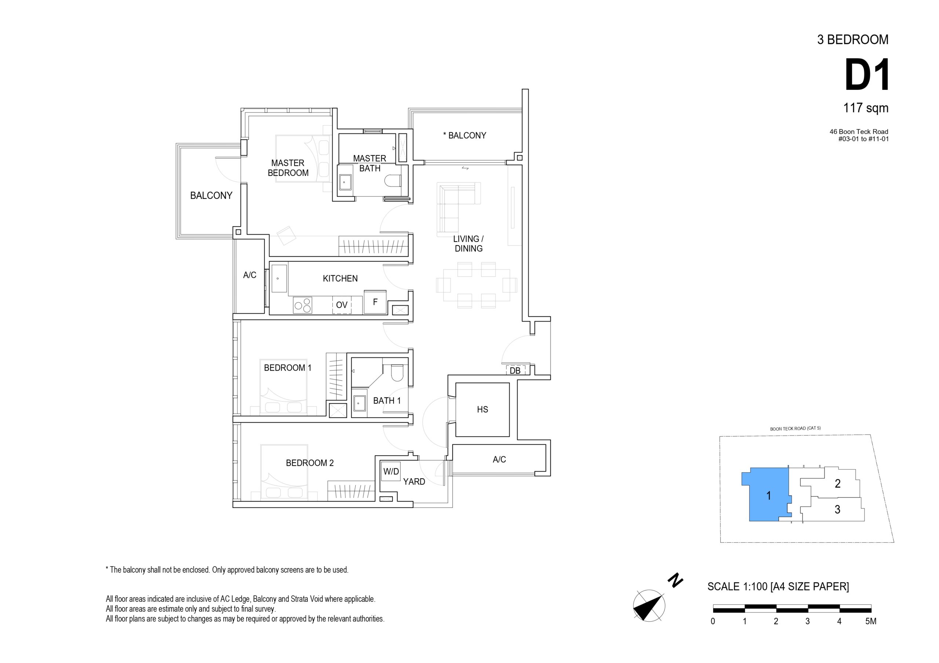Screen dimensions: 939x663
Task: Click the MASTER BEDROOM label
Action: click(x=288, y=168)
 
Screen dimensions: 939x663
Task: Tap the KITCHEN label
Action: click(x=340, y=279)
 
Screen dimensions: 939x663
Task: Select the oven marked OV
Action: click(x=341, y=305)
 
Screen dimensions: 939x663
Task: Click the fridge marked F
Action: click(x=375, y=302)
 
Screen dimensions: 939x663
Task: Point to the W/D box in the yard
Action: click(x=391, y=471)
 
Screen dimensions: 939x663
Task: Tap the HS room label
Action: click(x=482, y=409)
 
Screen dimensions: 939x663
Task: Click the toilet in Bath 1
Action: click(x=397, y=372)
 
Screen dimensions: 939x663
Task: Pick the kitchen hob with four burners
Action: click(x=303, y=305)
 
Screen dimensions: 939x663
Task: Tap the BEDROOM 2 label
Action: click(x=310, y=463)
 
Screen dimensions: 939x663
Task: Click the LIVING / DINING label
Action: click(x=469, y=244)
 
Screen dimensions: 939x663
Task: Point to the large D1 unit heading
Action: click(x=867, y=75)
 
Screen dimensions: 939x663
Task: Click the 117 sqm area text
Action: click(x=866, y=108)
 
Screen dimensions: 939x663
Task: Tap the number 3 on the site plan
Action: click(x=837, y=509)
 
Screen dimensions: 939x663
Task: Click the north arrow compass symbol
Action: click(x=648, y=606)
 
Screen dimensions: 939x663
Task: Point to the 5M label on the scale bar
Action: click(x=871, y=621)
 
